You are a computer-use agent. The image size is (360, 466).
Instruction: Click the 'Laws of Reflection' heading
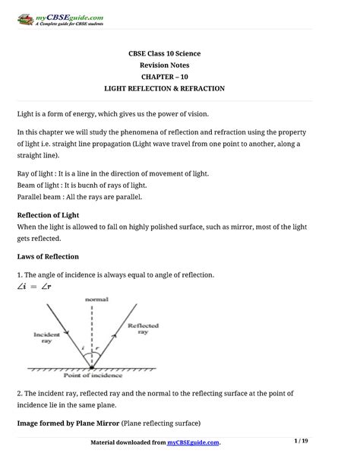pos(48,257)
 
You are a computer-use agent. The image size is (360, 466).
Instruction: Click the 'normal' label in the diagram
pos(96,299)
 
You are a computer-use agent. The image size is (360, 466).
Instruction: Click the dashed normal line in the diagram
pos(93,334)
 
